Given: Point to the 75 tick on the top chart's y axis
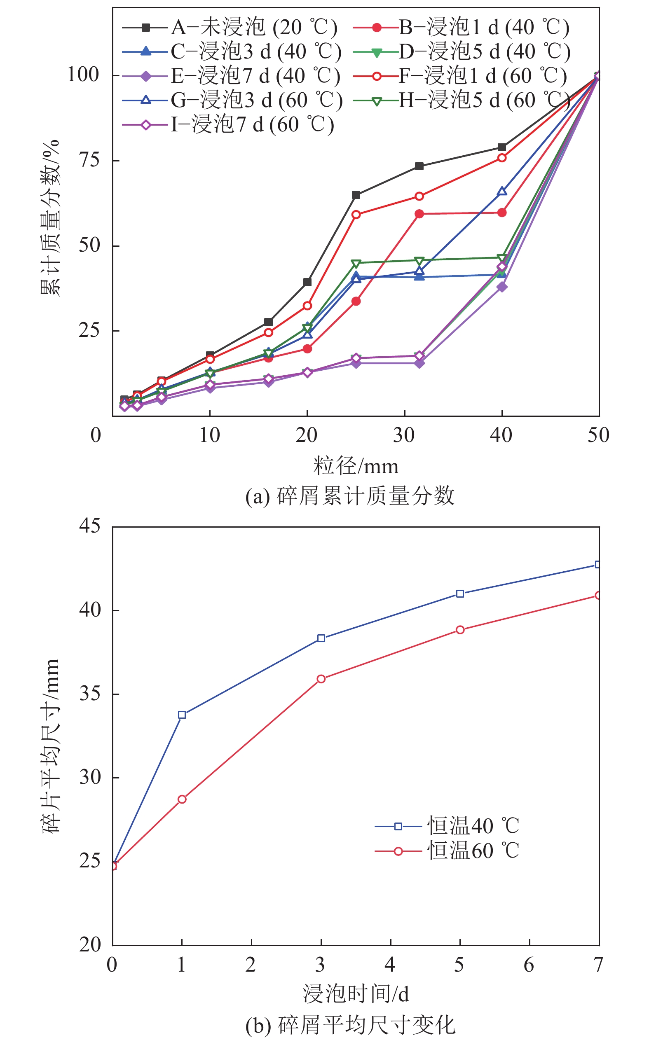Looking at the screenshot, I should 89,161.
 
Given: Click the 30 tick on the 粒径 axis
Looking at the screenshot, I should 404,435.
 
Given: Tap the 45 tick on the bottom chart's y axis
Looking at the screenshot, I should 90,526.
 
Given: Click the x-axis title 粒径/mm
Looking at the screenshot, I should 356,466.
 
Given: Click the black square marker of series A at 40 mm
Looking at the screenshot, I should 502,147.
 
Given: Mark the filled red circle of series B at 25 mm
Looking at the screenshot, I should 356,301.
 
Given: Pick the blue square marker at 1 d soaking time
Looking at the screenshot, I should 182,715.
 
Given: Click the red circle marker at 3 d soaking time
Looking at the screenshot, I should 321,679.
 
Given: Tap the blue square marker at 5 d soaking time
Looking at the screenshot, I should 460,594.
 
